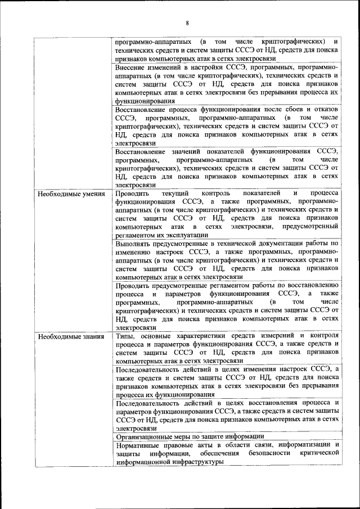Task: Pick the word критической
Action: [x=319, y=453]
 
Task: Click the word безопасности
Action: [x=263, y=453]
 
